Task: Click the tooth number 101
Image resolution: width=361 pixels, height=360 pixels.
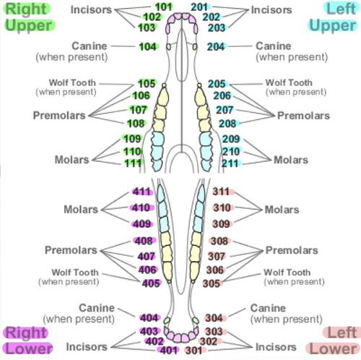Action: (163, 7)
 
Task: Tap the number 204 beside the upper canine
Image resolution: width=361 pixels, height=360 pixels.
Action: (216, 47)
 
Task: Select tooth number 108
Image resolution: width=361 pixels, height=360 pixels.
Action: (136, 124)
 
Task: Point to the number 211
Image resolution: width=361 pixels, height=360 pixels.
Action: (230, 163)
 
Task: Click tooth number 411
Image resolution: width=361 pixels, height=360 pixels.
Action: (142, 192)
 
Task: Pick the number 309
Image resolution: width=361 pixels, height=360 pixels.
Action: (221, 224)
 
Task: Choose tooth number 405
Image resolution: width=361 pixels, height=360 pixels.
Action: (151, 283)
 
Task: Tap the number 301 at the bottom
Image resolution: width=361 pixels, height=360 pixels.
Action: (193, 351)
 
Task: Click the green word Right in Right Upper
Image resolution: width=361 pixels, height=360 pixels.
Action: (26, 9)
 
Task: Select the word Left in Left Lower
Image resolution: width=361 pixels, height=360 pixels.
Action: (342, 333)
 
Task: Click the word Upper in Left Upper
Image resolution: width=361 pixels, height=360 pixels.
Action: (333, 26)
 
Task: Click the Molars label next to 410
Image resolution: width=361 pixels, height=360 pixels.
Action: (81, 210)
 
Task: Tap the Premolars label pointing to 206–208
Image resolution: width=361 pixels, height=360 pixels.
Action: (303, 116)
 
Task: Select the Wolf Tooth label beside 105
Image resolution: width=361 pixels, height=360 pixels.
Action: (72, 82)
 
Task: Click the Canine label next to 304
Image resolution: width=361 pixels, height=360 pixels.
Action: (268, 308)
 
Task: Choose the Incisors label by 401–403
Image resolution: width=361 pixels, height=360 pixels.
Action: (87, 347)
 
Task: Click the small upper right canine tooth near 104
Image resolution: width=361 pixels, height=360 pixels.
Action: (168, 47)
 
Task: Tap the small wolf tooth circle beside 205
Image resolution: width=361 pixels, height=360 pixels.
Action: (199, 85)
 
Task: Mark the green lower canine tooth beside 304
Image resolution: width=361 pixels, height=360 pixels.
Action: (196, 320)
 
